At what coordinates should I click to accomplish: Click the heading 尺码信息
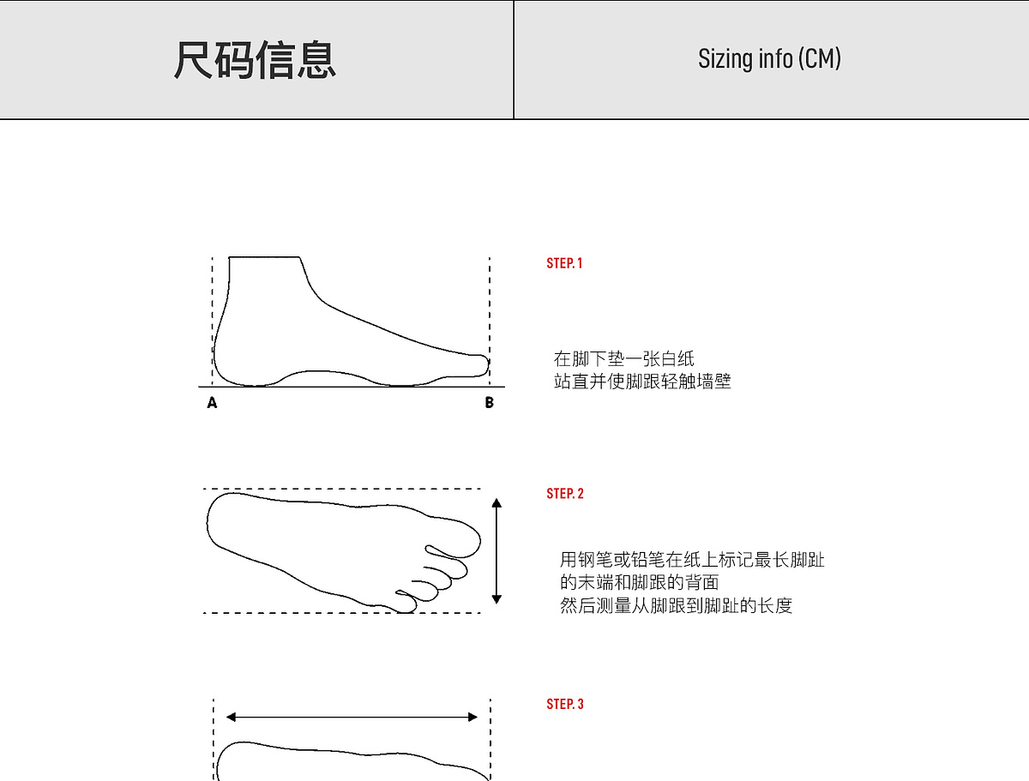[255, 60]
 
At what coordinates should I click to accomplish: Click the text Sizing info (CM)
[769, 58]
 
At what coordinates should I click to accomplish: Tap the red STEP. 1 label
[564, 263]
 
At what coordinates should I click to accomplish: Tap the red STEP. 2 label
[565, 494]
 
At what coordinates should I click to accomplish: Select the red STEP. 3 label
[565, 704]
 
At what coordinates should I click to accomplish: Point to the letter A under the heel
[212, 403]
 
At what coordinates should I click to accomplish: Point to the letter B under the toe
[489, 403]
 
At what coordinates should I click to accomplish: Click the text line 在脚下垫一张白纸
[623, 359]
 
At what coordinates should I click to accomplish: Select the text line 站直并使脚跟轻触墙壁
[642, 381]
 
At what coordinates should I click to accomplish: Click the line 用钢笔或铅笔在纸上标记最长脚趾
[692, 561]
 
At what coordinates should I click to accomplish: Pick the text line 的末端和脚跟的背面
[639, 583]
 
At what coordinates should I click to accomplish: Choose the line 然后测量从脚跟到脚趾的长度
[676, 606]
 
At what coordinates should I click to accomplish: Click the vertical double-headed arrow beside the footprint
[496, 551]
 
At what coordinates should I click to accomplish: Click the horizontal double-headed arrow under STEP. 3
[352, 717]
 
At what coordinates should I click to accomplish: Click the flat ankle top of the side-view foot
[265, 256]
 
